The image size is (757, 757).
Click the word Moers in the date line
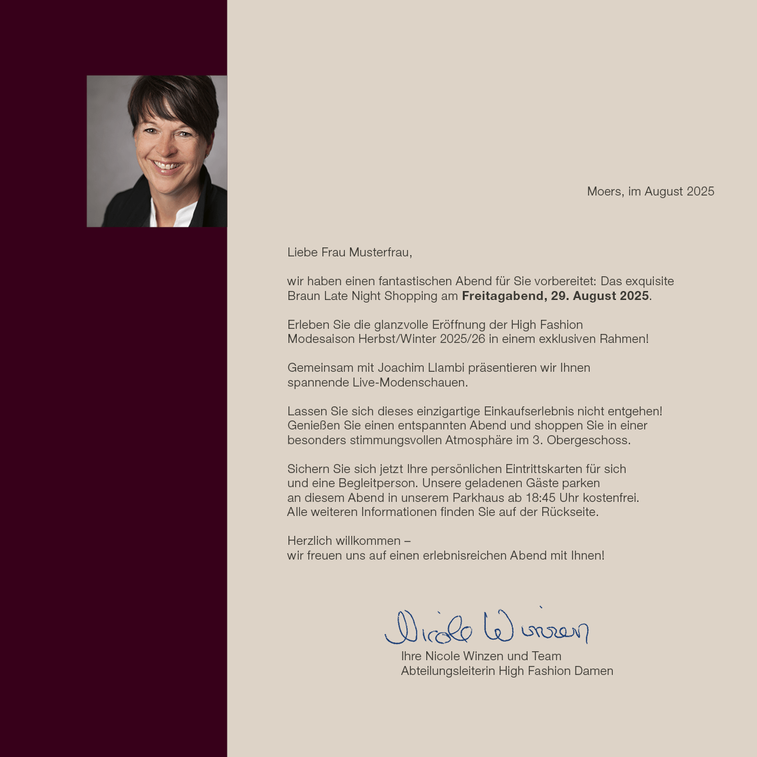603,192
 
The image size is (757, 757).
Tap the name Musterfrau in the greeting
381,253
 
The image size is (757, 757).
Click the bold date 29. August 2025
599,296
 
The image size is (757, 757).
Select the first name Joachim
401,368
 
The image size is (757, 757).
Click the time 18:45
540,498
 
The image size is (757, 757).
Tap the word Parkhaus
478,498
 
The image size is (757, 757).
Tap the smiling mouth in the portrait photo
168,165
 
